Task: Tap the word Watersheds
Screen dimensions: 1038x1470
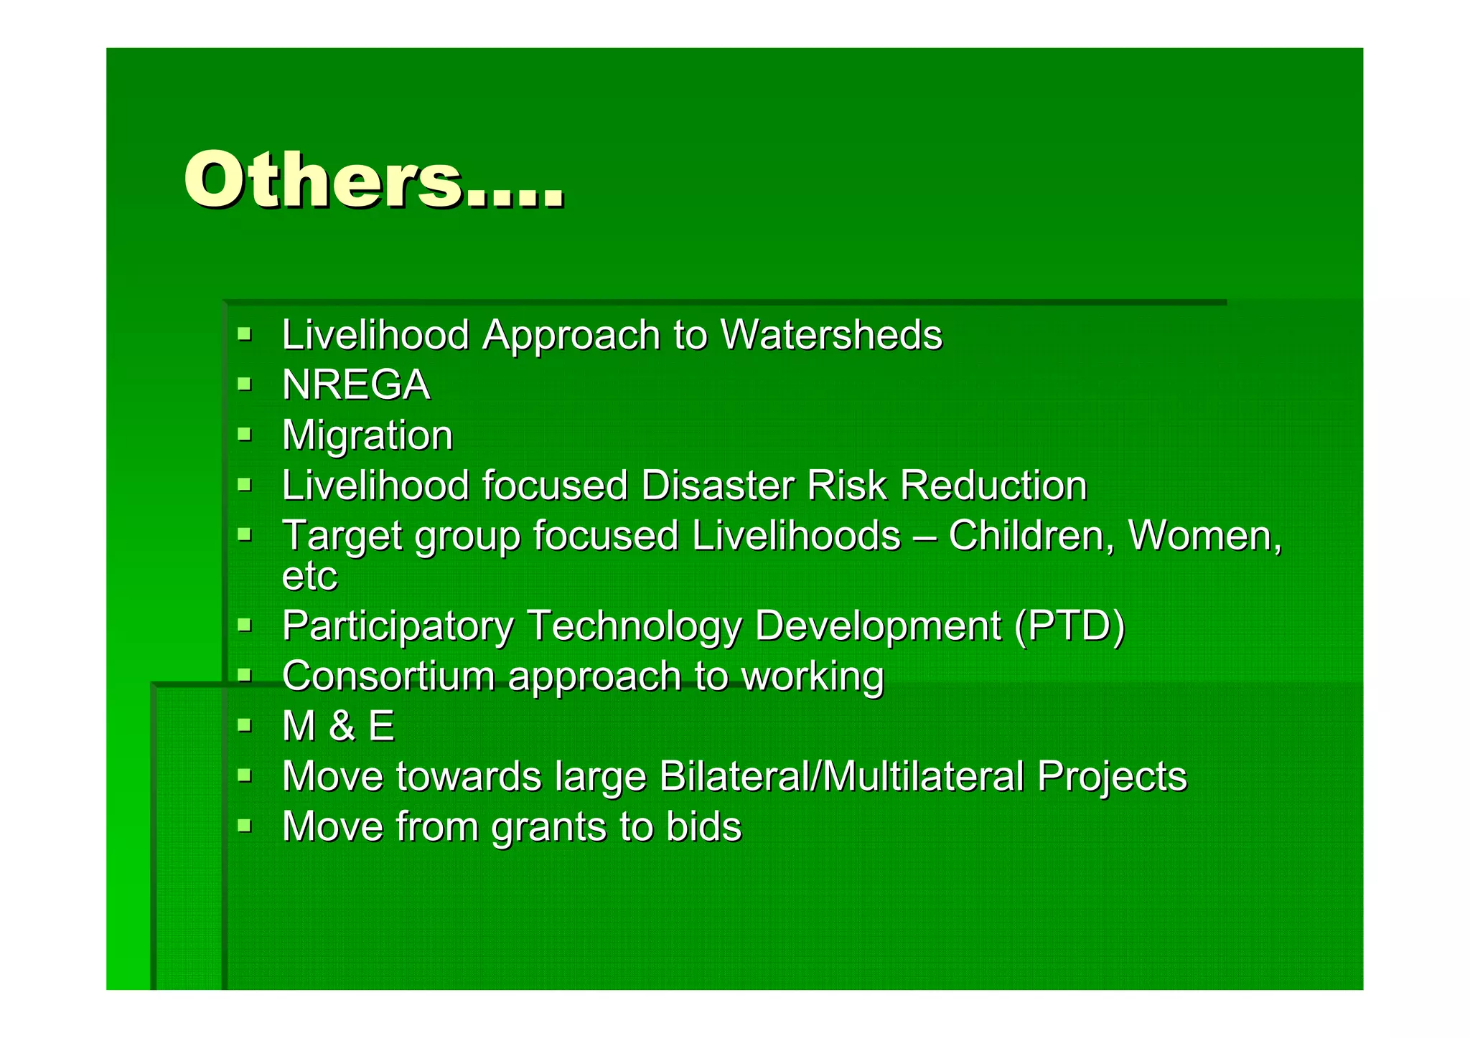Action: [830, 335]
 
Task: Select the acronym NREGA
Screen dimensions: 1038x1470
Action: [356, 385]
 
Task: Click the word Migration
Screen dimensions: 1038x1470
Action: [367, 435]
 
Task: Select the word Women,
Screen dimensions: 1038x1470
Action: [1205, 536]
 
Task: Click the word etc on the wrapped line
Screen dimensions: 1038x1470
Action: [309, 575]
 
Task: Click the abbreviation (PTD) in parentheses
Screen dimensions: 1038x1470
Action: [1069, 626]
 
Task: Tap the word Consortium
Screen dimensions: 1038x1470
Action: [388, 676]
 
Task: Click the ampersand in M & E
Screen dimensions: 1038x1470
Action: [342, 726]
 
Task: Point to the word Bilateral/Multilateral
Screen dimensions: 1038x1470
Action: [841, 776]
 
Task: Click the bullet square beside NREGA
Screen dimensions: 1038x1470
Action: [245, 384]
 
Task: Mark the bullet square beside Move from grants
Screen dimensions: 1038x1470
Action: [245, 825]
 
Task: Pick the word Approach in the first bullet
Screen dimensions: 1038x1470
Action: [571, 335]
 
